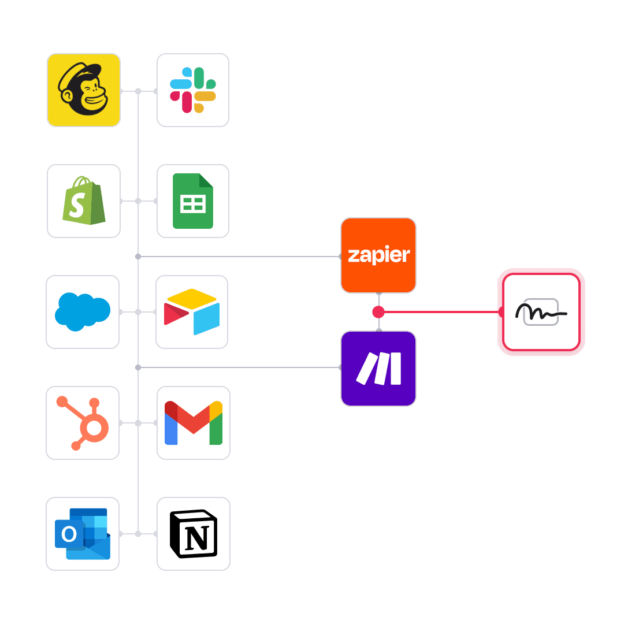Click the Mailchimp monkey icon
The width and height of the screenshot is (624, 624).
click(84, 90)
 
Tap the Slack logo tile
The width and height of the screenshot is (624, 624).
click(193, 90)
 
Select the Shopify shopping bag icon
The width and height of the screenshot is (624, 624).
click(84, 201)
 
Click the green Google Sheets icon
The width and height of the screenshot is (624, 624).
click(193, 201)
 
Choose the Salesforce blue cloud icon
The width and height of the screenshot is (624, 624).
click(83, 312)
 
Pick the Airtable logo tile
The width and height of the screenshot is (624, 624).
click(192, 312)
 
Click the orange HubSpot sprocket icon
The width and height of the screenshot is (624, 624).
click(83, 423)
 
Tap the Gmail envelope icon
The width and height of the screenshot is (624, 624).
click(193, 423)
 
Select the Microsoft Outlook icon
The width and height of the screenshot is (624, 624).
click(83, 534)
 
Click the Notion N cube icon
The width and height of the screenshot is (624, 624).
click(193, 534)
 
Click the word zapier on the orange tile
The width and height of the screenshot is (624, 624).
click(378, 255)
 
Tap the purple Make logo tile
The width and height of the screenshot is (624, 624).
click(378, 369)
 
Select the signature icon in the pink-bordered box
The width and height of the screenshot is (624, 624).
click(541, 312)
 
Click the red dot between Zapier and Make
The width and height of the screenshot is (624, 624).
click(378, 312)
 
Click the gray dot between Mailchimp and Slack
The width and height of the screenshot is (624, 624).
click(138, 91)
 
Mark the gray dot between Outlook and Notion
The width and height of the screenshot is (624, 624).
click(138, 534)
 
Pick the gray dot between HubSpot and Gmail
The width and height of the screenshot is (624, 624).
click(138, 423)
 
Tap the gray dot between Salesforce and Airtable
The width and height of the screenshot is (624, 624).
click(138, 312)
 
